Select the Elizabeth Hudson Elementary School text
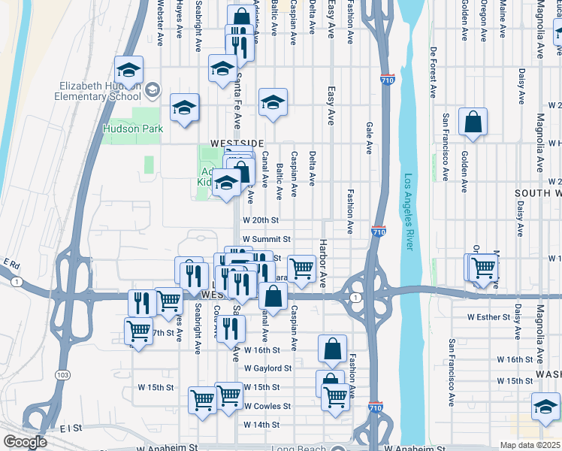click(x=97, y=90)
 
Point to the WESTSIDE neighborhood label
click(x=237, y=143)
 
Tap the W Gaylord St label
click(x=267, y=368)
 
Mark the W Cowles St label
click(x=267, y=406)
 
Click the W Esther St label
click(x=488, y=316)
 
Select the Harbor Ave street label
click(x=322, y=263)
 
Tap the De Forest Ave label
click(x=434, y=73)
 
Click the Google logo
click(x=25, y=442)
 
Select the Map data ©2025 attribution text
click(x=530, y=445)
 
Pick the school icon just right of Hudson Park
click(x=184, y=107)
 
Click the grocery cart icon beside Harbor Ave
click(x=301, y=268)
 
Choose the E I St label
click(x=72, y=428)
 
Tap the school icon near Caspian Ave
click(x=273, y=103)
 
